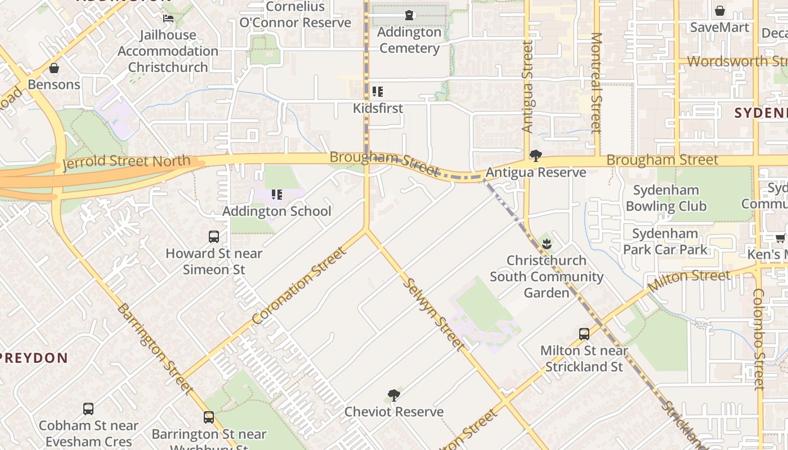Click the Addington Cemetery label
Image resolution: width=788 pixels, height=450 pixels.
point(409,40)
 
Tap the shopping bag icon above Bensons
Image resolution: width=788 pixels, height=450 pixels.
point(54,69)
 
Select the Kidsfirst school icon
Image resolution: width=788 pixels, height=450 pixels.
point(378,92)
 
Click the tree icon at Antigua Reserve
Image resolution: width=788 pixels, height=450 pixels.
point(536,156)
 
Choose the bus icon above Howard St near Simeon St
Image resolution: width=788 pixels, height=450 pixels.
point(214,237)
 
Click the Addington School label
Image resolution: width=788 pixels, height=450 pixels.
point(276,211)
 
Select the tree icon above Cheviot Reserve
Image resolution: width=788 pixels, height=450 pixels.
point(394,395)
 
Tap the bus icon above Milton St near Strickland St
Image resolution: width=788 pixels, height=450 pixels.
point(584,334)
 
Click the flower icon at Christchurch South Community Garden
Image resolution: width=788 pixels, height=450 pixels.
point(546,244)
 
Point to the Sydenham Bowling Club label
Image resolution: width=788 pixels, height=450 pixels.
point(666,198)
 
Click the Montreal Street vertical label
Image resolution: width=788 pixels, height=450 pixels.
point(596,83)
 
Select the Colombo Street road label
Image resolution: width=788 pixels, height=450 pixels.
point(759,339)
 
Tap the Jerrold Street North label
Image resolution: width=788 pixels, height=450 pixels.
point(127,163)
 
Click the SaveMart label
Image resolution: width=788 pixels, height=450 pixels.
point(719,27)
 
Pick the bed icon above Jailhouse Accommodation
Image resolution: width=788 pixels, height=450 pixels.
point(168,19)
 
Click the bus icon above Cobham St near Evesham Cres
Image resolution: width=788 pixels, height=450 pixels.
point(88,409)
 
